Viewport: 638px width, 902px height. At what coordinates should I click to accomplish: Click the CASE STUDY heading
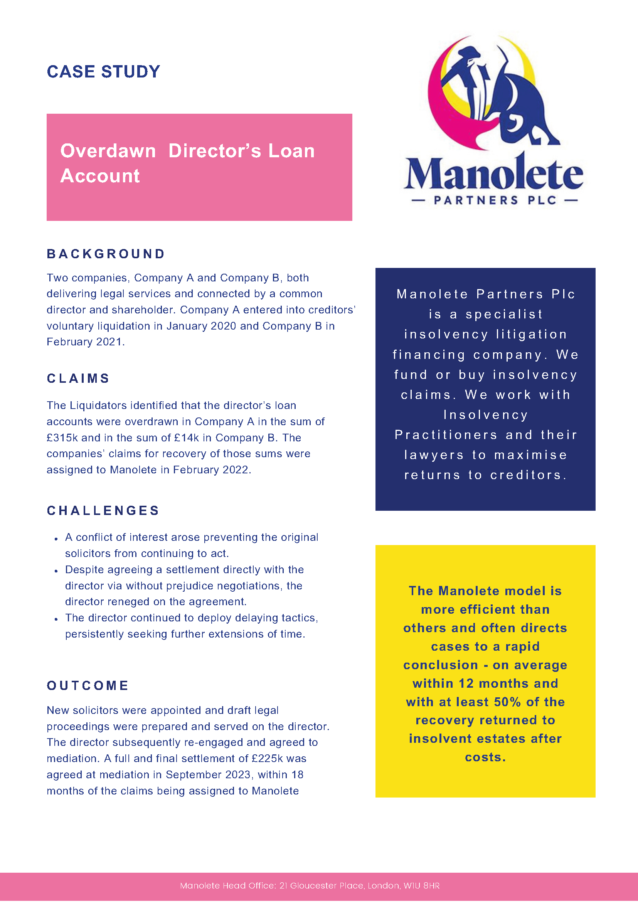point(103,71)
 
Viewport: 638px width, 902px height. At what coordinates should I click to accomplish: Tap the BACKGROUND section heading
point(106,254)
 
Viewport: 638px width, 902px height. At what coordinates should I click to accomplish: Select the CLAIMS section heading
point(78,378)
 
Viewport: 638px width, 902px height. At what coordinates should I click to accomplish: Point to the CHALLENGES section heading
point(103,510)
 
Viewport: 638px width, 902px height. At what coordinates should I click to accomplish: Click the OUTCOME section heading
point(88,685)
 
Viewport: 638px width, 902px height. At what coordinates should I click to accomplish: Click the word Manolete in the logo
point(493,173)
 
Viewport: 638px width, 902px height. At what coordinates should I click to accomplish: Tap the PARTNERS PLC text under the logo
point(495,200)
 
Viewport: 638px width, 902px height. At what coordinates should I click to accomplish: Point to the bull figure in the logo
point(522,106)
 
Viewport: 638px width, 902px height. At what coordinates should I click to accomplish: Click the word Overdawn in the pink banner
point(108,151)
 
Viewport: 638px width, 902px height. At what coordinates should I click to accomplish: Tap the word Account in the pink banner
point(100,176)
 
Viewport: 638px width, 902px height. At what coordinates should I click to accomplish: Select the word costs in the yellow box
point(485,757)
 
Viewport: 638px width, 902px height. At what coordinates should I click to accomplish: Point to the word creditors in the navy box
point(528,475)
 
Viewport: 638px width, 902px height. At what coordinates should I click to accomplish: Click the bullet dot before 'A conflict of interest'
point(57,539)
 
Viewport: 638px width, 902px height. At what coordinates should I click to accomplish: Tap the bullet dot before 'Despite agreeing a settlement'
point(57,571)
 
